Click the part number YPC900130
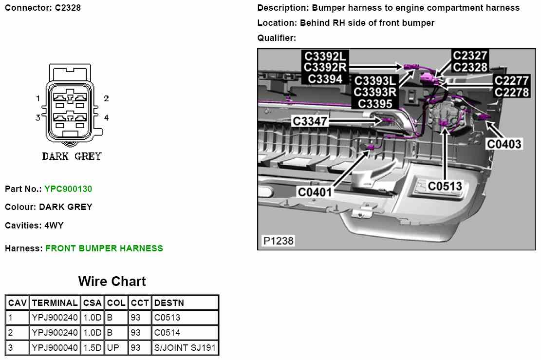68,189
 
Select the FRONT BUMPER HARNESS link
104,248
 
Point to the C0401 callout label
315,192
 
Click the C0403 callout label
504,144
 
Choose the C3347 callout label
310,121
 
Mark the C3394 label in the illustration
325,79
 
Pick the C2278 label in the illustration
511,92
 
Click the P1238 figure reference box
278,241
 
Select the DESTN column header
169,303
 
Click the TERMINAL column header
55,303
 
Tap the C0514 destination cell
167,333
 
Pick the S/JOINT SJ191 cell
185,348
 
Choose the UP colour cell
113,348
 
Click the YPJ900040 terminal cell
55,348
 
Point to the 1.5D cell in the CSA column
92,348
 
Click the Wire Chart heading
112,282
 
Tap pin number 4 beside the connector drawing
106,118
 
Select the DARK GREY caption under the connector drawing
72,156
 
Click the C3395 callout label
375,103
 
